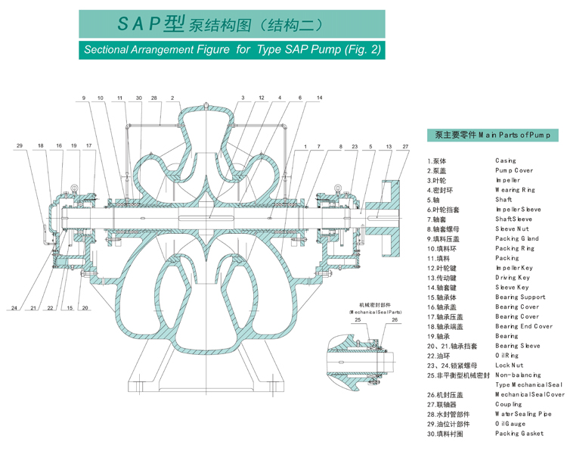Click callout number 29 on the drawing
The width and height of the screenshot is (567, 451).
[20, 145]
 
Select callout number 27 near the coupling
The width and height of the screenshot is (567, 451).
[405, 145]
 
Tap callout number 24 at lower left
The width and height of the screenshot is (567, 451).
[14, 308]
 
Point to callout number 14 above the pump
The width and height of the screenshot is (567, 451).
[319, 98]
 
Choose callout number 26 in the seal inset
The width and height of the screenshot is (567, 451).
[395, 320]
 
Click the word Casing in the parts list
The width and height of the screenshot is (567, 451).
[506, 160]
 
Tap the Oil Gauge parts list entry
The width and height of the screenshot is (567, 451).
[512, 424]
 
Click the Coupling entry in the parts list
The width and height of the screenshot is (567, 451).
[510, 404]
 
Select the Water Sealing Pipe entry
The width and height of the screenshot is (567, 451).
[523, 414]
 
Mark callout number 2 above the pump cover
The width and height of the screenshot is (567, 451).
[172, 98]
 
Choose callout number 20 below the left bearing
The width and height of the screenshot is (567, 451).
[85, 308]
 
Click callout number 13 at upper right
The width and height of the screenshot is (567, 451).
[389, 145]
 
